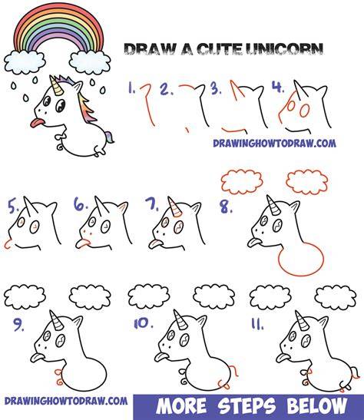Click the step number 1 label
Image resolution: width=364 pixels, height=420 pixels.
click(x=131, y=88)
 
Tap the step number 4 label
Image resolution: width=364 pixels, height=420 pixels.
click(x=279, y=87)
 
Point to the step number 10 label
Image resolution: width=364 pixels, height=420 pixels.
click(x=144, y=324)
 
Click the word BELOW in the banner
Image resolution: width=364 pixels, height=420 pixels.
click(x=317, y=406)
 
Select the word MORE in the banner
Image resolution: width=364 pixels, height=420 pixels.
click(x=181, y=406)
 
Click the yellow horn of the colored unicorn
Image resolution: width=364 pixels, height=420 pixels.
click(x=57, y=86)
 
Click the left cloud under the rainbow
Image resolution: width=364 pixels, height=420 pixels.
click(x=25, y=63)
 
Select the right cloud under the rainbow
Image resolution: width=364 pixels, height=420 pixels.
click(x=90, y=63)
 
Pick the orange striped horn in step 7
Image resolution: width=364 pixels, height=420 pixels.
click(x=174, y=207)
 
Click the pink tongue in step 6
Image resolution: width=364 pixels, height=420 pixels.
click(x=82, y=243)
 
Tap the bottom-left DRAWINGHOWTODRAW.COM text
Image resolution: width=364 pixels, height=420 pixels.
click(x=66, y=401)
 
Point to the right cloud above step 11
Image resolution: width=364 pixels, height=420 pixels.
click(x=336, y=298)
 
